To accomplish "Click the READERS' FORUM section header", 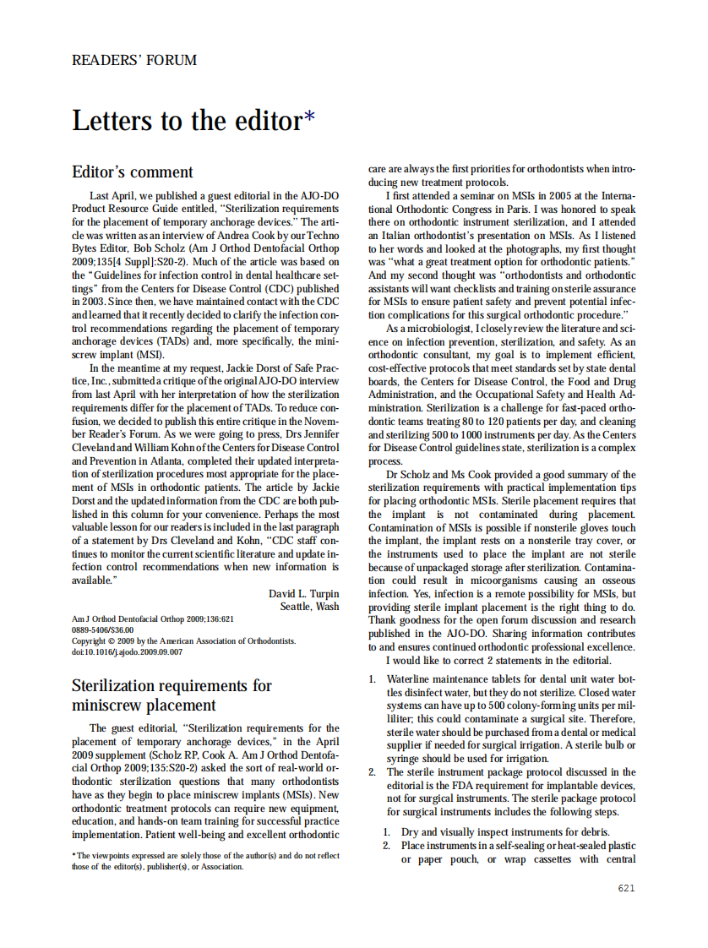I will click(x=134, y=61).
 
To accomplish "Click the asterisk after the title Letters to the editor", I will click(x=309, y=118).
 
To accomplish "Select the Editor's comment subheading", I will click(x=133, y=172).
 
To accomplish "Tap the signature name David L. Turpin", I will click(x=303, y=593).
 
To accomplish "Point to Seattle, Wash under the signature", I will click(x=309, y=607).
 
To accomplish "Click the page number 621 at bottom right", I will click(x=626, y=888).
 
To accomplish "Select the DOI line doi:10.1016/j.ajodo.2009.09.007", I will click(x=127, y=652).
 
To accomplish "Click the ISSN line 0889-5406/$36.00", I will click(x=102, y=630).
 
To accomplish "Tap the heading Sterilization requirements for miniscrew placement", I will click(x=172, y=695).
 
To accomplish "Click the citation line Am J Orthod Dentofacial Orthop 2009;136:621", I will click(x=152, y=619).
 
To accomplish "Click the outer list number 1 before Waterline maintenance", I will click(x=373, y=678).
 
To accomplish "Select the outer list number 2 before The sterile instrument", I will click(x=373, y=772).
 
